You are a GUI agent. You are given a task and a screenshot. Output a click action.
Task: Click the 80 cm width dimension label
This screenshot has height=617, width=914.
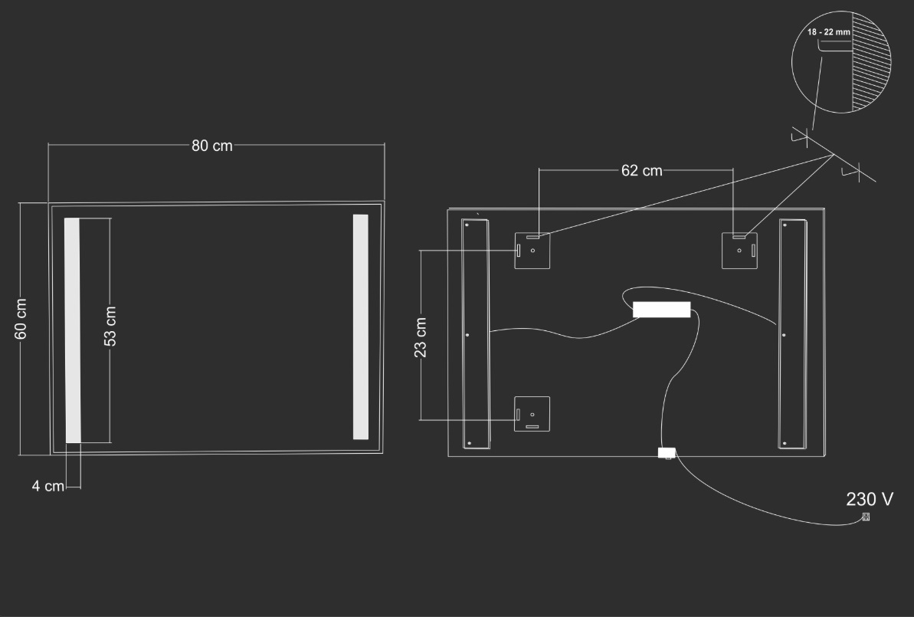pos(212,145)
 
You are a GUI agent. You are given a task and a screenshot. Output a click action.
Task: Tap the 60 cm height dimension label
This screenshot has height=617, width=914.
pos(21,318)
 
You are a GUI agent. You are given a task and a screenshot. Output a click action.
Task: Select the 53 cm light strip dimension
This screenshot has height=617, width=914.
pos(110,326)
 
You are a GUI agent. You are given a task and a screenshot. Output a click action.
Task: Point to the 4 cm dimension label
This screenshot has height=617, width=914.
pos(48,486)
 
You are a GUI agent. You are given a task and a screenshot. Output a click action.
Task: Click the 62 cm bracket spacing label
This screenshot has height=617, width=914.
pos(642,170)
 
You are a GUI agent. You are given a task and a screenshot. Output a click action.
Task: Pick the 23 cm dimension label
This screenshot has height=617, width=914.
pos(421,338)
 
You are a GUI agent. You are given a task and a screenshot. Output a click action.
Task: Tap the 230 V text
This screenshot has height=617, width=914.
pos(870,499)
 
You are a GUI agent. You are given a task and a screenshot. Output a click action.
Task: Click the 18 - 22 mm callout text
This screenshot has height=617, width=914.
pos(828,32)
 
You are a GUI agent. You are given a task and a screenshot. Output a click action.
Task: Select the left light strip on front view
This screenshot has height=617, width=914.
pos(72,330)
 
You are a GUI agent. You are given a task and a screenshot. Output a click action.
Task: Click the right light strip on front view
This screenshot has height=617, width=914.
pos(361,327)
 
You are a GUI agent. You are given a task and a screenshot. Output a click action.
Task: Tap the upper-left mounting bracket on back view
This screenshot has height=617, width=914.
pos(532,251)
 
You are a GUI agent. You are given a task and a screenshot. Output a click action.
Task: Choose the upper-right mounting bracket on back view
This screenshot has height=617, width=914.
pos(740,251)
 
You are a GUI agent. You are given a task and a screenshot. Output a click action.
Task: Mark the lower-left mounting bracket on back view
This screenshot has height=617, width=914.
pos(532,414)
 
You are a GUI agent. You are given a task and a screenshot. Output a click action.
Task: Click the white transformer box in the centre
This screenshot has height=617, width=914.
pos(662,310)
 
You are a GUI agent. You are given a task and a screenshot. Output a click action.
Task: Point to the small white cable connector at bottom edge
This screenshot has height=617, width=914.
pos(667,452)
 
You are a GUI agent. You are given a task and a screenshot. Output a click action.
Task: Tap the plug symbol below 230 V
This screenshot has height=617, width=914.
pos(866,517)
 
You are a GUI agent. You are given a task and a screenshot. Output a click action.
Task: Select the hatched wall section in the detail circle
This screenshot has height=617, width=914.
pos(871,62)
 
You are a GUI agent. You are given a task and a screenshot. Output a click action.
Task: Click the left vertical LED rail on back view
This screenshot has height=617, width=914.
pos(476,334)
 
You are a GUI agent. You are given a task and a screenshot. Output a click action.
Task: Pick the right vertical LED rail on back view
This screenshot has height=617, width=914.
pos(793,334)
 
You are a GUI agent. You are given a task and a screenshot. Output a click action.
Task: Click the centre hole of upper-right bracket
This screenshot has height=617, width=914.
pos(740,251)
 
